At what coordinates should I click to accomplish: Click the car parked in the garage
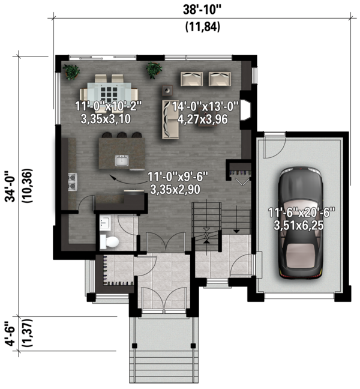tap(301, 223)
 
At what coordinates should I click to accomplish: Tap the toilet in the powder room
tap(109, 242)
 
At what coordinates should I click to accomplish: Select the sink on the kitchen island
tap(122, 160)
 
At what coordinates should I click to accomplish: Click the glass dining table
tap(109, 91)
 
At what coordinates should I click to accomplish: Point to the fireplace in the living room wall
tap(246, 110)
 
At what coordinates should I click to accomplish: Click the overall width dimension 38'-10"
tap(202, 10)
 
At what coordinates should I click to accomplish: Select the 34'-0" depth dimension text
tap(10, 186)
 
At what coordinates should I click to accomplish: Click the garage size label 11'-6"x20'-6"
tap(301, 213)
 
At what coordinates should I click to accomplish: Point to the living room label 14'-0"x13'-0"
tap(205, 107)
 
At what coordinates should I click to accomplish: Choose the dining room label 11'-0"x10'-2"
tap(109, 106)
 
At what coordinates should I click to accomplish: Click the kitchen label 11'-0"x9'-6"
tap(178, 177)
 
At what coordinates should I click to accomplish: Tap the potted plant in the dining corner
tap(71, 71)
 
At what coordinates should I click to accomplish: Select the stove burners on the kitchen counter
tap(72, 182)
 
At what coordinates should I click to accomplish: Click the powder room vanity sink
tap(105, 223)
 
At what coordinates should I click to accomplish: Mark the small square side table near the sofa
tap(167, 90)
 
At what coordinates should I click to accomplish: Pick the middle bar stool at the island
tap(122, 134)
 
